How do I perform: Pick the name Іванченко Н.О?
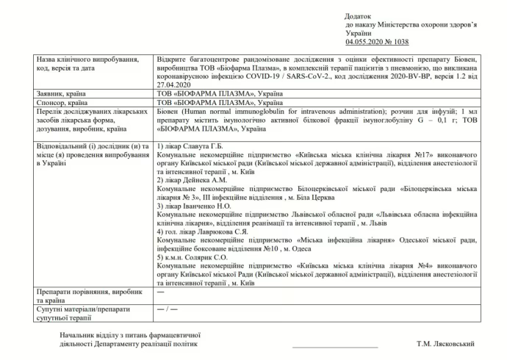(214, 206)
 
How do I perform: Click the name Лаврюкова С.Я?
(226, 231)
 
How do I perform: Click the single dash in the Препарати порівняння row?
(160, 293)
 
